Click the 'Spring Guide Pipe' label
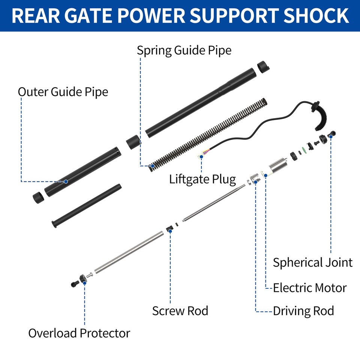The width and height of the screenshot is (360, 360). tap(184, 50)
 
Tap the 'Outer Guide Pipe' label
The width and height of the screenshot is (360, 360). tap(63, 91)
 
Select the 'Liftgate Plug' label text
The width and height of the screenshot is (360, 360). tap(202, 179)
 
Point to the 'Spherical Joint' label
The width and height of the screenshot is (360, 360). tap(312, 262)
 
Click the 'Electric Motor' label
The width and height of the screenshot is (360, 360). tap(309, 288)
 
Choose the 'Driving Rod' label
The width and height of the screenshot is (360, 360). tap(303, 311)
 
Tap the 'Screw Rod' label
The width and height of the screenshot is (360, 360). tap(180, 311)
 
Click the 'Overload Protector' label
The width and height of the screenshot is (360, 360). tap(79, 333)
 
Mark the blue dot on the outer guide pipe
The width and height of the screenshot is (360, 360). tap(66, 181)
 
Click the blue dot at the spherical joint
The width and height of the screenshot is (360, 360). tap(331, 136)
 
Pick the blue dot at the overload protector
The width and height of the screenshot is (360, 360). tap(85, 283)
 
